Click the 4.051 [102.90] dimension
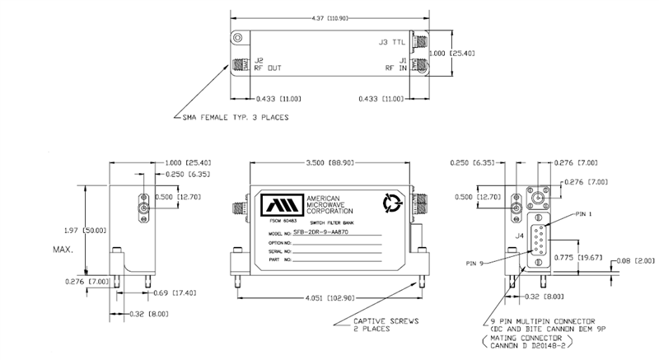click(x=329, y=296)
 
